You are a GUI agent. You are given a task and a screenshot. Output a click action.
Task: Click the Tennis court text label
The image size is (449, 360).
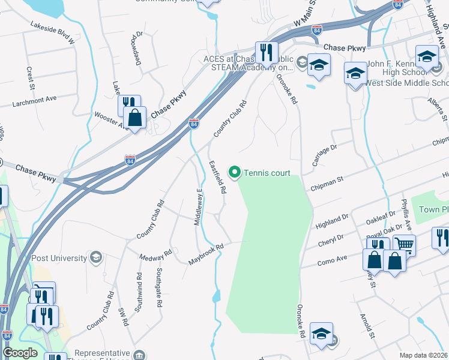click(x=267, y=173)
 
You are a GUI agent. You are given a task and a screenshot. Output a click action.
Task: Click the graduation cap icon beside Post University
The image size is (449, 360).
click(x=95, y=257)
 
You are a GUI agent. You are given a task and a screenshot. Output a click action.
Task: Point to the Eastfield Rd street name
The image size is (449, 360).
click(x=217, y=176)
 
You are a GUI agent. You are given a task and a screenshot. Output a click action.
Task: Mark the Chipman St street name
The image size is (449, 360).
click(x=327, y=184)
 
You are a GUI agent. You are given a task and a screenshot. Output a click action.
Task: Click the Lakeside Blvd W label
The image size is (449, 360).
click(x=52, y=34)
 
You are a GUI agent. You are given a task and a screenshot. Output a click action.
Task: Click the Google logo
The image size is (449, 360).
click(x=20, y=353)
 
